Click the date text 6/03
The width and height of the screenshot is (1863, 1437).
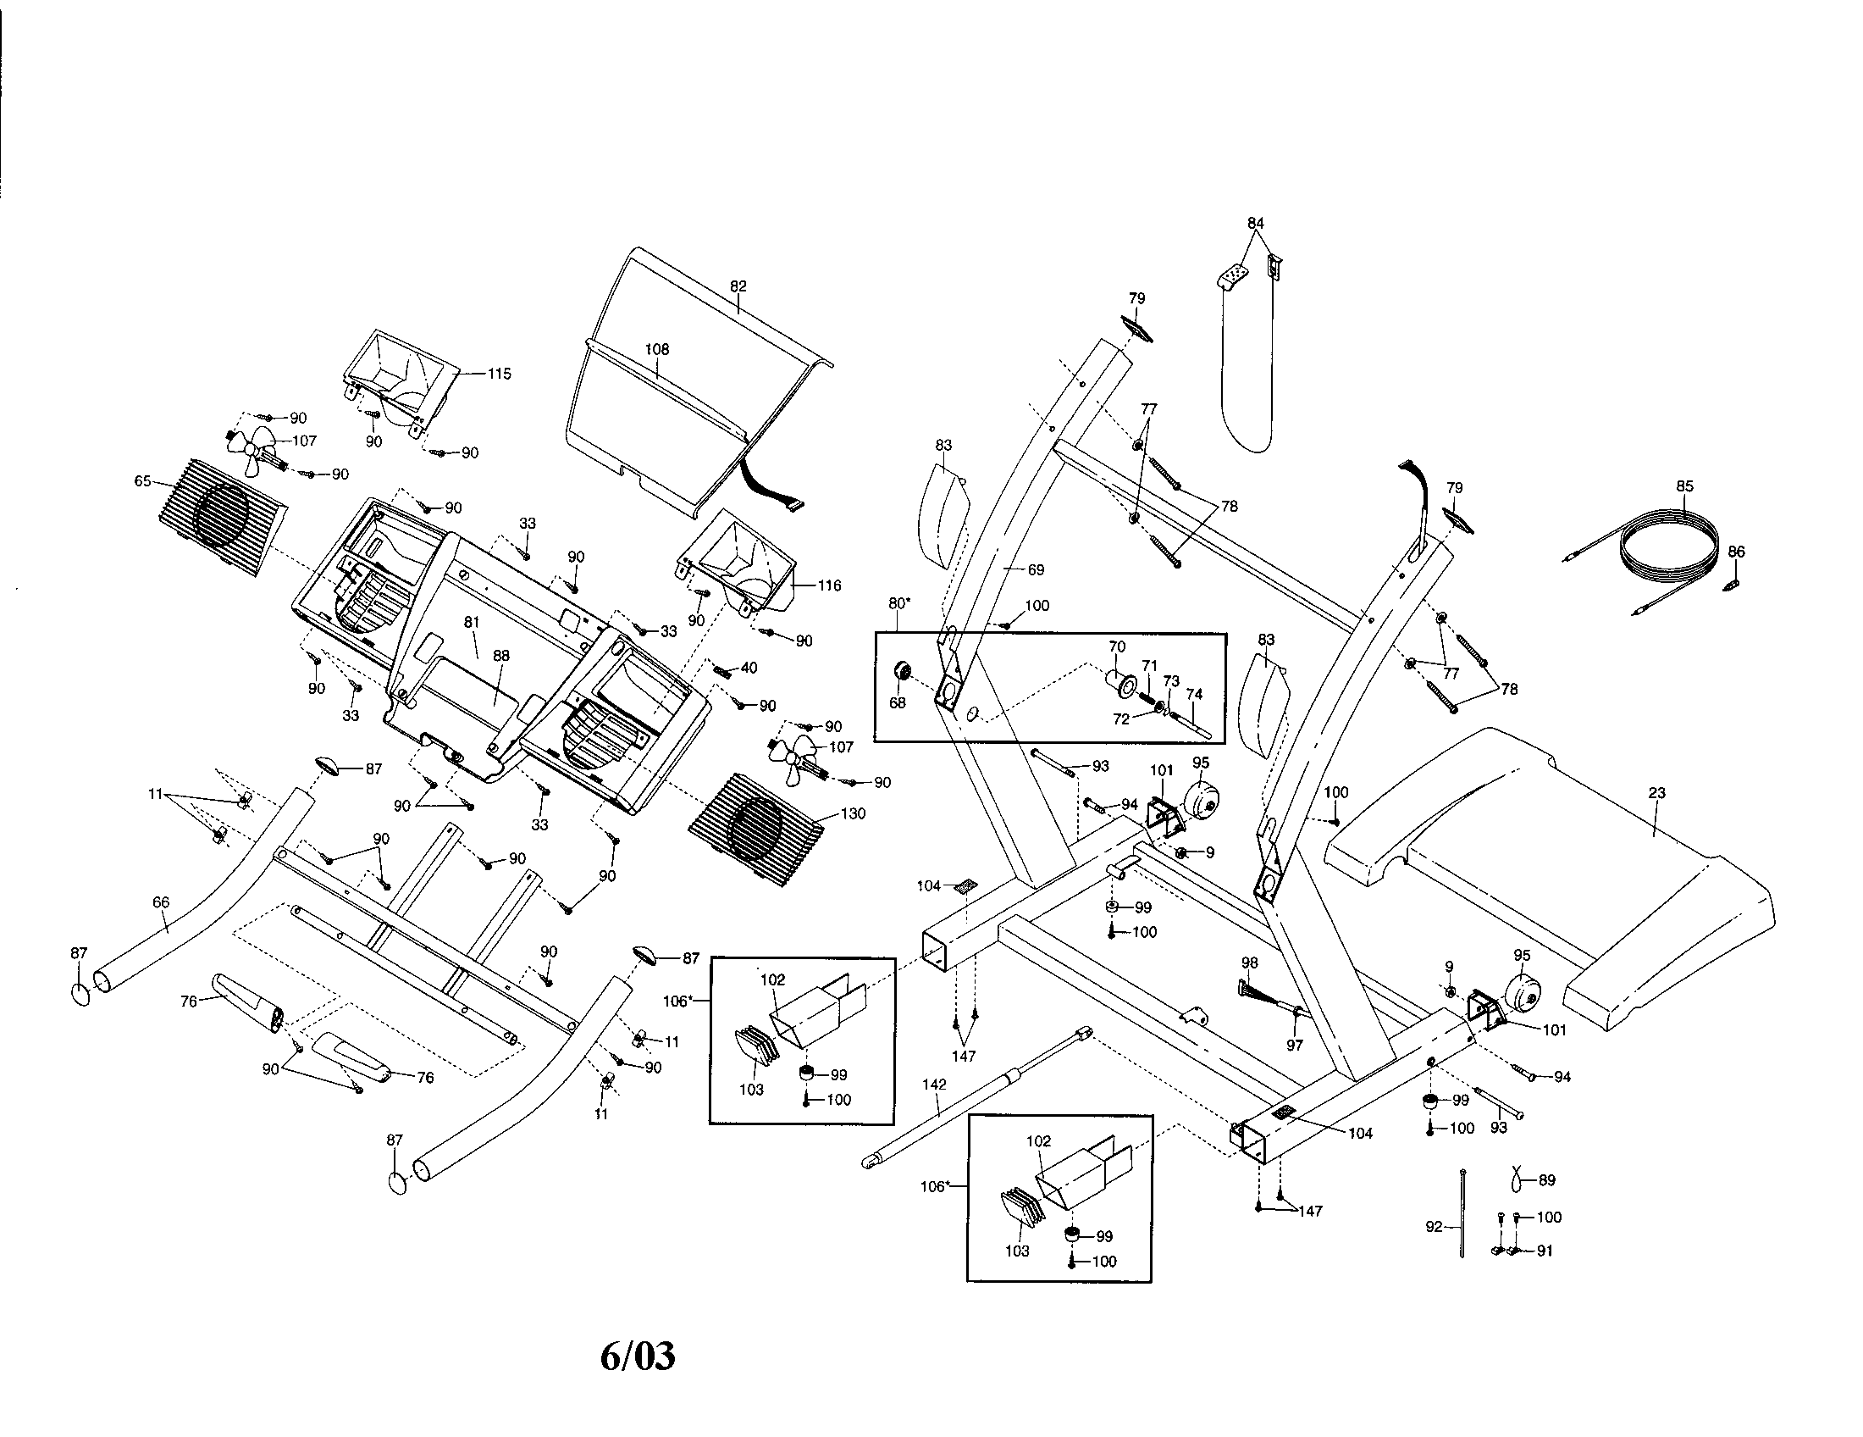pyautogui.click(x=638, y=1356)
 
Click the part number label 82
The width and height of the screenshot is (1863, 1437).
pyautogui.click(x=738, y=286)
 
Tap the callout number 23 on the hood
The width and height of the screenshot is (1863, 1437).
pyautogui.click(x=1656, y=793)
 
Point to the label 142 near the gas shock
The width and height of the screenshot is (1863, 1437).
pyautogui.click(x=935, y=1085)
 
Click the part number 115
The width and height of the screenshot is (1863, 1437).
pyautogui.click(x=499, y=374)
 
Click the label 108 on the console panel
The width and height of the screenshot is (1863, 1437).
pyautogui.click(x=657, y=349)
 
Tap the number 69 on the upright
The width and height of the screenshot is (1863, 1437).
pyautogui.click(x=1036, y=569)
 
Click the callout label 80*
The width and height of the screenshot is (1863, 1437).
pyautogui.click(x=899, y=604)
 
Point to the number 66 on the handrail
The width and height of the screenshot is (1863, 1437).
pyautogui.click(x=160, y=902)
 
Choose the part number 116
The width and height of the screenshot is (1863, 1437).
pyautogui.click(x=829, y=585)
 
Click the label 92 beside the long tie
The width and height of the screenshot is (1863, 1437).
pyautogui.click(x=1434, y=1226)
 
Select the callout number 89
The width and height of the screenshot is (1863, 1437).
pyautogui.click(x=1546, y=1181)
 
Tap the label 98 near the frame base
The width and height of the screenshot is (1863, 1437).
pyautogui.click(x=1250, y=963)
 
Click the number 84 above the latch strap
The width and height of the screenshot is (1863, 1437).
pyautogui.click(x=1255, y=224)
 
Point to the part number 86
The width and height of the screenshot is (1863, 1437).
pyautogui.click(x=1737, y=552)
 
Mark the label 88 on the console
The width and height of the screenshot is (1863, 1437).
pyautogui.click(x=501, y=656)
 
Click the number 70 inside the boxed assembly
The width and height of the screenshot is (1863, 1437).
pyautogui.click(x=1117, y=647)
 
